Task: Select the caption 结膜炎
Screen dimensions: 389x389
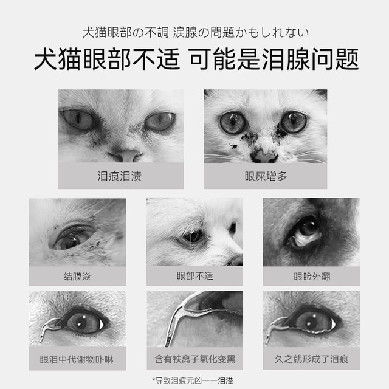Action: click(77, 276)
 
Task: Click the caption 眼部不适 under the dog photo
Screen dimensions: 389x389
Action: click(194, 276)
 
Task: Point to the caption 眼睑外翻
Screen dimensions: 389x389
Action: click(312, 276)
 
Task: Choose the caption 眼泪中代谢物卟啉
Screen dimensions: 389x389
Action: click(77, 359)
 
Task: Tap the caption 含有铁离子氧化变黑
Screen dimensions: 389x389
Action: click(194, 359)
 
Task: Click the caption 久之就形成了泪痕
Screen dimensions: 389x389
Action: click(312, 359)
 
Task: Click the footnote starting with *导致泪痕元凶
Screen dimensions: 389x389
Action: click(194, 380)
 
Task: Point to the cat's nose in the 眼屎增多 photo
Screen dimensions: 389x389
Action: click(265, 155)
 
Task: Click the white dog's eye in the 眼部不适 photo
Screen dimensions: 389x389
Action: click(193, 235)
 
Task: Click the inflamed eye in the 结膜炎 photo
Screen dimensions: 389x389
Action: click(73, 237)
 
